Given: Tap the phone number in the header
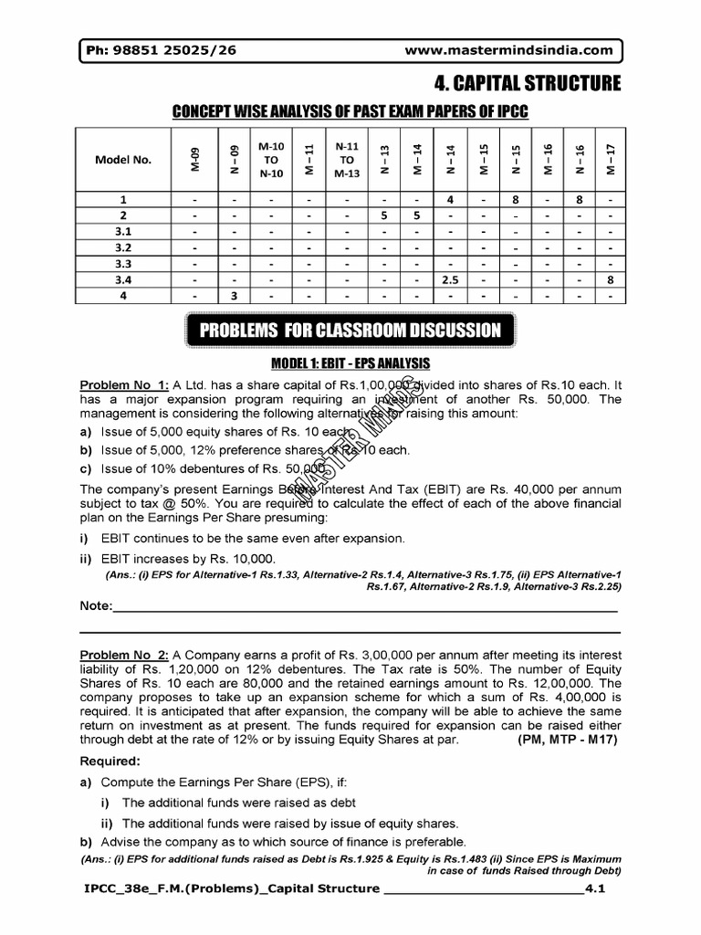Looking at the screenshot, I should pos(160,50).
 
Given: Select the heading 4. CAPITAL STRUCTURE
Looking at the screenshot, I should pos(527,84).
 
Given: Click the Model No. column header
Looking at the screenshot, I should pos(124,160).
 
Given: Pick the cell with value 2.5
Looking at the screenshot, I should pos(450,280).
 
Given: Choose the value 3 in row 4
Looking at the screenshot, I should pos(234,296).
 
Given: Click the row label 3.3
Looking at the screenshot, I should pos(124,264).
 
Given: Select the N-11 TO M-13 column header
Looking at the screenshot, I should pos(348,160).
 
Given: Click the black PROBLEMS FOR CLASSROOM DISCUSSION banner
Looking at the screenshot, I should pos(350,331).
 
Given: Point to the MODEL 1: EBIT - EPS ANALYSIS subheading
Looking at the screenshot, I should pos(350,364).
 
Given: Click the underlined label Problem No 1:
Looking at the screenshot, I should pos(117,385).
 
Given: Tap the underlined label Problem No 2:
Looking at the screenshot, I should pos(117,656).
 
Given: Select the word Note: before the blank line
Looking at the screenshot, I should pos(96,606).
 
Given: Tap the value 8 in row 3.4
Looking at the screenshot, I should pos(610,280).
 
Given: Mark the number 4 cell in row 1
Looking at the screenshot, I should pos(450,199).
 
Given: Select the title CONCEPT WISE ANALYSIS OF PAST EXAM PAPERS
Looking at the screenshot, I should pos(350,111).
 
